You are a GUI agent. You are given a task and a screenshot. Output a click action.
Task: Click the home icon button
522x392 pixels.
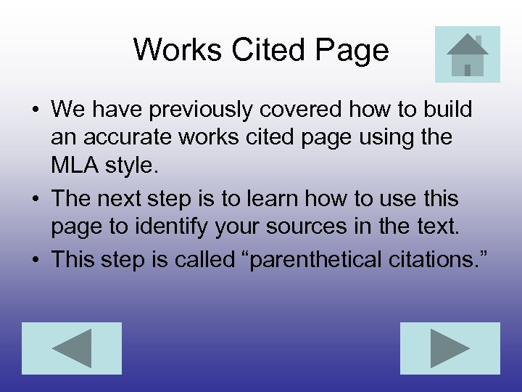click(x=467, y=54)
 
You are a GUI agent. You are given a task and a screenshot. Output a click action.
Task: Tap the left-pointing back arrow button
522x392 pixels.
click(x=72, y=348)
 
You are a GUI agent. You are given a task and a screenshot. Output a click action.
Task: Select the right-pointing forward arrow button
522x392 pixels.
click(x=450, y=348)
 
